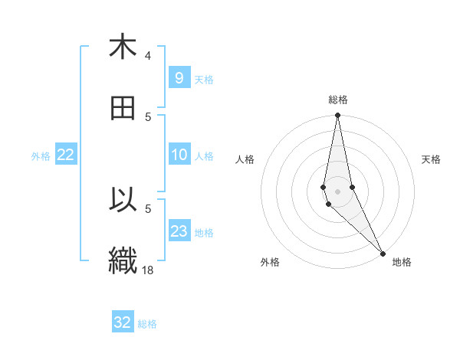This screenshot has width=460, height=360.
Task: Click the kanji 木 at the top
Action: (123, 47)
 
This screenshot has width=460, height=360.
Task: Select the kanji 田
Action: (123, 108)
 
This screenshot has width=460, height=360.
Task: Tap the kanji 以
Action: (123, 200)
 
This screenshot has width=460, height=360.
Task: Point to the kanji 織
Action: (123, 260)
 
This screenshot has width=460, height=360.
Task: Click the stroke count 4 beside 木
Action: (147, 56)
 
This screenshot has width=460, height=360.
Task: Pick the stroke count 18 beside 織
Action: (147, 270)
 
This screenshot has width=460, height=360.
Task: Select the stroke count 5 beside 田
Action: (147, 117)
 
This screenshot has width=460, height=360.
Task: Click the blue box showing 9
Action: (179, 77)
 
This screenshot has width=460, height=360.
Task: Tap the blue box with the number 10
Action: (179, 155)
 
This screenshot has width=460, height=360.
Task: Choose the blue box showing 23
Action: (179, 231)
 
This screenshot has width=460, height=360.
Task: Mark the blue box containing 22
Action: (66, 155)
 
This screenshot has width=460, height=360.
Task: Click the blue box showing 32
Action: (123, 322)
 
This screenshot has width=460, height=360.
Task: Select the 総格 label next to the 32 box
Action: (147, 324)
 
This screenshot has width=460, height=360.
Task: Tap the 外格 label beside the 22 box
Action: (41, 156)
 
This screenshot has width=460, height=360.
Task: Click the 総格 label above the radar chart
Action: (338, 100)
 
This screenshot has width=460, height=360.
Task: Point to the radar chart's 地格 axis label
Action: (402, 262)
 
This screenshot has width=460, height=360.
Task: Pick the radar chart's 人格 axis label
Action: (245, 159)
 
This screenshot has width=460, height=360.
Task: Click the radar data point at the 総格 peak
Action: (337, 116)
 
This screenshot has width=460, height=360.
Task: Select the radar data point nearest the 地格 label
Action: (383, 253)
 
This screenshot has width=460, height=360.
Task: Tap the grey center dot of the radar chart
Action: (337, 191)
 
